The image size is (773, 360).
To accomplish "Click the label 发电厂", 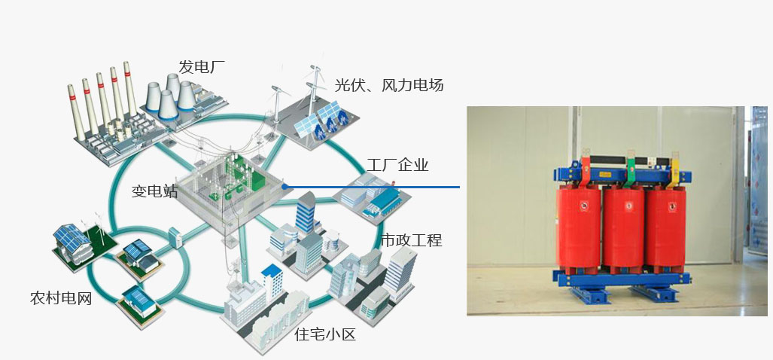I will pyautogui.click(x=202, y=66).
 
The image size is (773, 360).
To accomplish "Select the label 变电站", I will pyautogui.click(x=154, y=191).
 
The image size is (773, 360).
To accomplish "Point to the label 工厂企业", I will pyautogui.click(x=398, y=165).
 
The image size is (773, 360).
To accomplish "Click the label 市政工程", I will pyautogui.click(x=411, y=240).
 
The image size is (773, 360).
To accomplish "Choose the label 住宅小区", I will pyautogui.click(x=324, y=334).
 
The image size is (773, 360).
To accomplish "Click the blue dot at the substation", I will pyautogui.click(x=285, y=186).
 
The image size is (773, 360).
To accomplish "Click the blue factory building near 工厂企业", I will pyautogui.click(x=384, y=200).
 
